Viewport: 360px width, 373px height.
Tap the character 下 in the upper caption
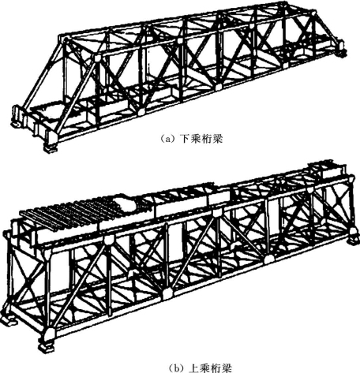[x=184, y=138]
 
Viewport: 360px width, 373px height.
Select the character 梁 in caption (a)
[x=217, y=138]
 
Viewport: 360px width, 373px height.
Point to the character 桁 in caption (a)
[x=206, y=138]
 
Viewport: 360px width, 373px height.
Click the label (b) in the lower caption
[x=177, y=368]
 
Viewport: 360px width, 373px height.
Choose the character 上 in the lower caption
[x=194, y=368]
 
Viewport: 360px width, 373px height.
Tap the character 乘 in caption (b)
[x=205, y=368]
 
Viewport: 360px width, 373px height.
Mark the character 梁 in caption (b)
[x=227, y=368]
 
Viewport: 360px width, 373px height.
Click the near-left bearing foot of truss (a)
[x=51, y=148]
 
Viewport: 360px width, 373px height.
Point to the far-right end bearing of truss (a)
[x=341, y=50]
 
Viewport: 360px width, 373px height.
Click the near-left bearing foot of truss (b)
[x=47, y=346]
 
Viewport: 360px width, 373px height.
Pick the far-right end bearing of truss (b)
[x=353, y=239]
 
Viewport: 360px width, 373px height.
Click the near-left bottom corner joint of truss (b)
[x=49, y=335]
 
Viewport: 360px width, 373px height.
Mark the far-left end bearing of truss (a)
[x=16, y=117]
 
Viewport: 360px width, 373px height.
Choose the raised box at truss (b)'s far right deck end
[x=326, y=167]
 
